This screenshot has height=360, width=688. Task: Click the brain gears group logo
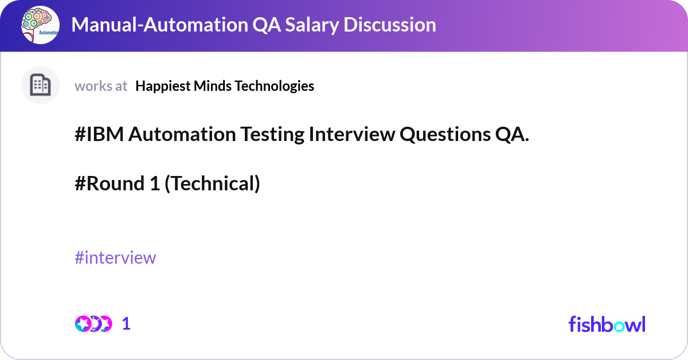pyautogui.click(x=40, y=25)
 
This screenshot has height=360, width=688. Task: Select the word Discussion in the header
pyautogui.click(x=390, y=25)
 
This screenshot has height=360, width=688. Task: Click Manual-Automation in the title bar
pyautogui.click(x=160, y=25)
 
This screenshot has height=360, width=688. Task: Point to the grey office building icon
pyautogui.click(x=40, y=85)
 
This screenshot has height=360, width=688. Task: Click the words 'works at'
pyautogui.click(x=101, y=86)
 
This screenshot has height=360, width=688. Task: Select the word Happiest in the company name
pyautogui.click(x=163, y=86)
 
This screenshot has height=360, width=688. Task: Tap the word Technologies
pyautogui.click(x=274, y=86)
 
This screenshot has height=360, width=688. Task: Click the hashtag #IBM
pyautogui.click(x=99, y=134)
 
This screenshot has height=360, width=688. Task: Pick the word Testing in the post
pyautogui.click(x=272, y=135)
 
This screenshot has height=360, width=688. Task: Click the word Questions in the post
pyautogui.click(x=445, y=135)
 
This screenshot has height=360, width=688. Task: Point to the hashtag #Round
pyautogui.click(x=110, y=183)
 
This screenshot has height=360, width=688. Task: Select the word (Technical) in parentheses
pyautogui.click(x=213, y=183)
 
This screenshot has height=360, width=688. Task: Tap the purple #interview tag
pyautogui.click(x=115, y=257)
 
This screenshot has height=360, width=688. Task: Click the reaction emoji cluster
pyautogui.click(x=93, y=324)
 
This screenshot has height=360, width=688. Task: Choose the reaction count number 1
pyautogui.click(x=126, y=324)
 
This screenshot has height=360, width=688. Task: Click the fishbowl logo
pyautogui.click(x=607, y=324)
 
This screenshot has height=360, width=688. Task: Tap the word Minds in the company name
pyautogui.click(x=213, y=86)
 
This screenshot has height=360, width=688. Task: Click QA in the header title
pyautogui.click(x=267, y=25)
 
